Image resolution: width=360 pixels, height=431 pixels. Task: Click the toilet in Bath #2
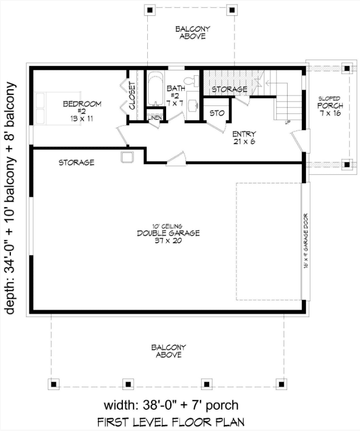tap(191, 81)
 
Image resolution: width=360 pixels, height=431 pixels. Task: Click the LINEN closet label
tap(154, 118)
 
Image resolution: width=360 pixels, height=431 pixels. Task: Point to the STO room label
tap(217, 113)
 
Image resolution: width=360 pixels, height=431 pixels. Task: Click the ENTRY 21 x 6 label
tap(244, 138)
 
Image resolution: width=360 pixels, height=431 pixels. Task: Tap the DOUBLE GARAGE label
tap(168, 233)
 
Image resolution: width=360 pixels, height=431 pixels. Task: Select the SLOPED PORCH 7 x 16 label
tap(330, 106)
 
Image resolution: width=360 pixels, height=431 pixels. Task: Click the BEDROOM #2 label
tap(82, 111)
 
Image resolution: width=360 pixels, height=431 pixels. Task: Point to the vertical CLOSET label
tap(132, 96)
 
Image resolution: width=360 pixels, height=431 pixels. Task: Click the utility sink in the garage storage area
tap(127, 157)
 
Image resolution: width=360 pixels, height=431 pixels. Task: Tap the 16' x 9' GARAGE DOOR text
tap(306, 241)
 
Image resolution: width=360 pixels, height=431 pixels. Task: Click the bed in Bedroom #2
tap(58, 108)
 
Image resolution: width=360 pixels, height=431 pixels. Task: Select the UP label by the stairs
tap(288, 122)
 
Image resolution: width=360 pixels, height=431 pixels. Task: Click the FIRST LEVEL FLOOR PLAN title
tap(171, 422)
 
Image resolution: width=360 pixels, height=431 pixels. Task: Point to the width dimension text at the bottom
tap(171, 405)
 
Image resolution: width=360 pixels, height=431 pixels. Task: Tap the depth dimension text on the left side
tap(10, 198)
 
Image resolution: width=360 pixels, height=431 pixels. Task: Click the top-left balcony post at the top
tap(150, 10)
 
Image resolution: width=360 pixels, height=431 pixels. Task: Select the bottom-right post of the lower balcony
tap(281, 384)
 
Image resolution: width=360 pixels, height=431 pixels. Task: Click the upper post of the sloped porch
tap(347, 68)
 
